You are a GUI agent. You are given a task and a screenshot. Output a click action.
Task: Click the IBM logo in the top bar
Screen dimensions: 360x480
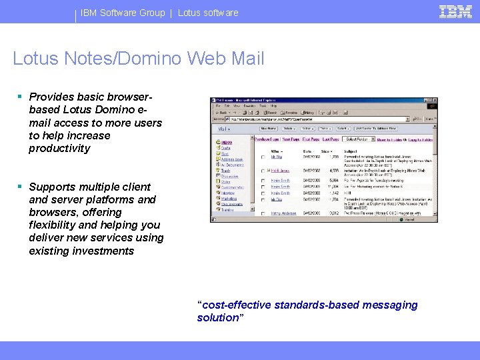tap(456, 11)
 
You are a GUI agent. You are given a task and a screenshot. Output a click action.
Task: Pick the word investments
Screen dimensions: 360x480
tap(101, 251)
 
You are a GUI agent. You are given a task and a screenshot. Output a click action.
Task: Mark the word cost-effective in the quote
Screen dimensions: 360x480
tap(234, 305)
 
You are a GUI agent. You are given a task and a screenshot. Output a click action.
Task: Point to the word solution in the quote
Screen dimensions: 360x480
tap(219, 317)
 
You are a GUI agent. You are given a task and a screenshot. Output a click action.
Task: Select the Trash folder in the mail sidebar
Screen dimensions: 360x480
tap(225, 171)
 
